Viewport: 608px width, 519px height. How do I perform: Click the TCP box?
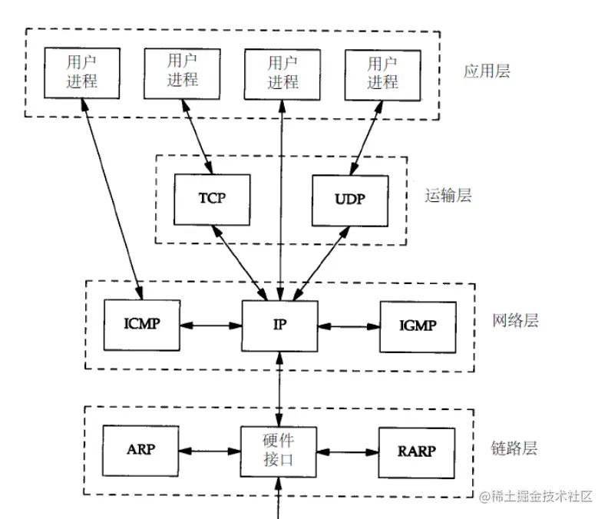[x=212, y=199]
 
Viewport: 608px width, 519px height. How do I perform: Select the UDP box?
[x=349, y=199]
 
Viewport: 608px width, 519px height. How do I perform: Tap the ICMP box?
[x=141, y=325]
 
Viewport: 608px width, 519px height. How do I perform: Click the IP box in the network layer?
[x=280, y=325]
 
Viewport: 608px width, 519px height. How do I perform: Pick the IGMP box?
[x=418, y=325]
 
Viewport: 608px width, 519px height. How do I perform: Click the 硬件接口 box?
[x=280, y=449]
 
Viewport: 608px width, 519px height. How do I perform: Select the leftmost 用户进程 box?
[x=81, y=72]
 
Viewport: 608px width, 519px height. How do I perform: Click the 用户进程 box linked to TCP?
[x=181, y=72]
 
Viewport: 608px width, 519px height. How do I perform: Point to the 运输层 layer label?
[x=448, y=197]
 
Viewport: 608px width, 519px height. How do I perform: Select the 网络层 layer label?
[x=514, y=321]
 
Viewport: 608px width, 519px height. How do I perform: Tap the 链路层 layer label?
[x=514, y=448]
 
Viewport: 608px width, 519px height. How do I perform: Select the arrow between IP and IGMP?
[x=349, y=326]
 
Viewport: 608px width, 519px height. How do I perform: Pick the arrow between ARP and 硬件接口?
[x=210, y=450]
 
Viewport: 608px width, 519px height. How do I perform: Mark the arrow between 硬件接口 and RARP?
[x=349, y=450]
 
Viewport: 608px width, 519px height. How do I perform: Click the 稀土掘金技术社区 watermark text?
[x=537, y=497]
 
